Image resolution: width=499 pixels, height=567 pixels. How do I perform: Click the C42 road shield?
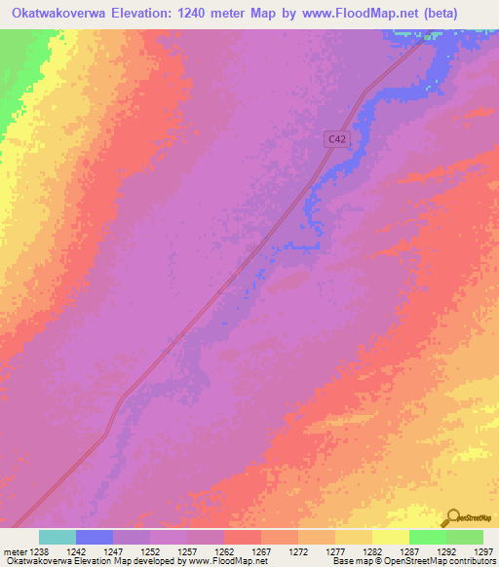pyautogui.click(x=336, y=139)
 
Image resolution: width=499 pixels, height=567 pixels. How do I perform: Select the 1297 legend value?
pyautogui.click(x=482, y=551)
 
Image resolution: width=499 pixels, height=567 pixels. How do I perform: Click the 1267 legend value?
pyautogui.click(x=261, y=551)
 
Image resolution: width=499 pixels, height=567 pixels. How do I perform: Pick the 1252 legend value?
pyautogui.click(x=150, y=551)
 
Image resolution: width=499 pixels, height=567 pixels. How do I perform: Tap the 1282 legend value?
pyautogui.click(x=372, y=551)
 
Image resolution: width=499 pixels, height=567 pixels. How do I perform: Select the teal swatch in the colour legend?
pyautogui.click(x=58, y=537)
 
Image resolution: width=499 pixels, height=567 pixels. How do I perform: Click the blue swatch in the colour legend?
pyautogui.click(x=95, y=537)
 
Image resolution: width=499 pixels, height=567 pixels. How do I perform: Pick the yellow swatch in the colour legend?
pyautogui.click(x=391, y=537)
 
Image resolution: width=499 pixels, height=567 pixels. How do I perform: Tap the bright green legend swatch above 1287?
pyautogui.click(x=428, y=537)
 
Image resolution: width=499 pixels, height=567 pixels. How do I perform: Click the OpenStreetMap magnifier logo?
pyautogui.click(x=452, y=518)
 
